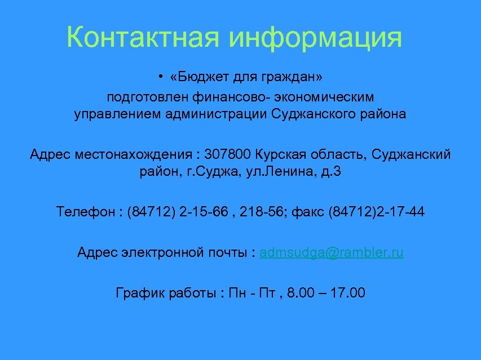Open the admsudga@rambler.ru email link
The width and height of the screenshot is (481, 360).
click(x=332, y=252)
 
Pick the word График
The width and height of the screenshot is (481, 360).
click(x=138, y=293)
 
